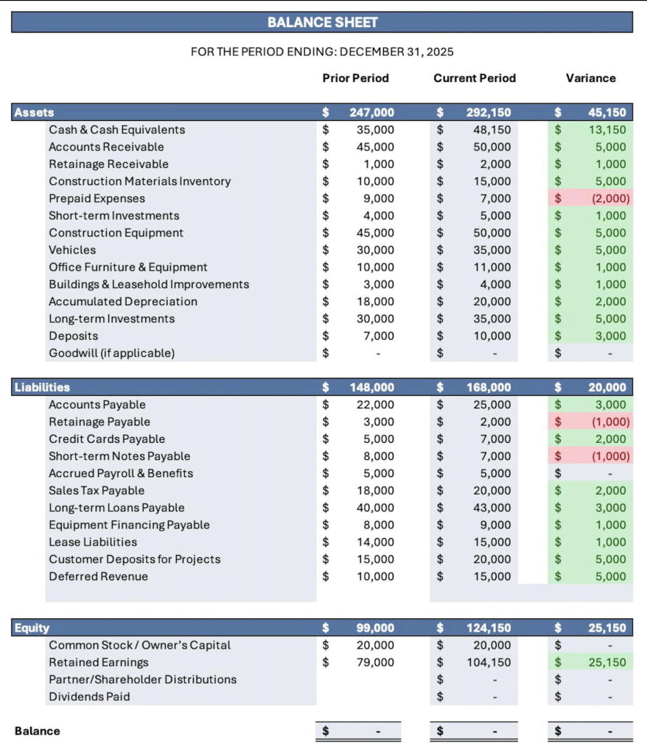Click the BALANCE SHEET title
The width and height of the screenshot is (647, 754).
pos(322,22)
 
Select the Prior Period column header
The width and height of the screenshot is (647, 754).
pos(355,78)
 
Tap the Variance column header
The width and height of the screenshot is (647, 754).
pos(590,78)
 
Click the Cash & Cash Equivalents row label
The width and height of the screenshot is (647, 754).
pos(116,130)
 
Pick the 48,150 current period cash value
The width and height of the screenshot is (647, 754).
pos(492,130)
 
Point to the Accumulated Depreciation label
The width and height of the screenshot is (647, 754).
pos(122,301)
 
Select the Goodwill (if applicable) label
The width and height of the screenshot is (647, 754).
pos(111,353)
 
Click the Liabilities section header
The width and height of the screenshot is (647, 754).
pos(43,387)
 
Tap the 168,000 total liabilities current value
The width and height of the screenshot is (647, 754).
pos(489,387)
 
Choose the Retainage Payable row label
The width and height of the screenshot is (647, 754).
pos(99,422)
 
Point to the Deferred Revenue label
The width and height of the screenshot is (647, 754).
pos(98,576)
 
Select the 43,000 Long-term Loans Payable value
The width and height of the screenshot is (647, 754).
pos(492,508)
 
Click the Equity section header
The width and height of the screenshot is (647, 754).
pos(32,628)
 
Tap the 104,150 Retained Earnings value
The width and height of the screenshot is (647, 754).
pos(489,663)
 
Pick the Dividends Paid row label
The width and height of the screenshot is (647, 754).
pos(89,697)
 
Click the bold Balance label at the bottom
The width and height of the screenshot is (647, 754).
pos(37,731)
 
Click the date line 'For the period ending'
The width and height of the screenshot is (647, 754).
pos(322,52)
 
